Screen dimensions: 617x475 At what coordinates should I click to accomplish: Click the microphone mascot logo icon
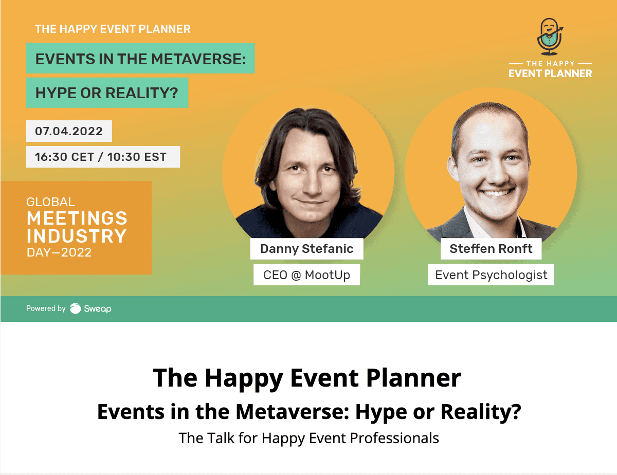(x=550, y=37)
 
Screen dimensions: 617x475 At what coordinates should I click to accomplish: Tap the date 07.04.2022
(x=69, y=131)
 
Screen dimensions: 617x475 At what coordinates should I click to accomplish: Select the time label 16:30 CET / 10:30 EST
(x=103, y=157)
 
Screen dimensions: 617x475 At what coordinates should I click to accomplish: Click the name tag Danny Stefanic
(x=306, y=249)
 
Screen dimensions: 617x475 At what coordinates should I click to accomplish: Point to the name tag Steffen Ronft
(x=491, y=249)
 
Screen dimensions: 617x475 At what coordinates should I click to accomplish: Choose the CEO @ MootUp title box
(x=306, y=275)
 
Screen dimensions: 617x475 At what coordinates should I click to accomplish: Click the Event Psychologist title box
(x=491, y=275)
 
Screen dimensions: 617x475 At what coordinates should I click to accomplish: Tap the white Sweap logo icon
(x=76, y=308)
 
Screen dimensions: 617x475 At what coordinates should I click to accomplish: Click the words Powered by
(x=46, y=308)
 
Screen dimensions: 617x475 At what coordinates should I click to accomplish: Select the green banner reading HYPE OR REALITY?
(x=107, y=93)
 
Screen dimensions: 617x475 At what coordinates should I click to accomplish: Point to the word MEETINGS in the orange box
(x=77, y=218)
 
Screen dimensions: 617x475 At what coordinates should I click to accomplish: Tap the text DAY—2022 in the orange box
(x=59, y=252)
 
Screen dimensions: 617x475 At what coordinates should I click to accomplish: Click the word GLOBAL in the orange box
(x=50, y=202)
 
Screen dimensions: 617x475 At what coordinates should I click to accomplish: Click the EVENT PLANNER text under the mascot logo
(x=550, y=74)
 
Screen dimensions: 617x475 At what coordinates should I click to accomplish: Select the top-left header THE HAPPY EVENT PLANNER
(x=113, y=29)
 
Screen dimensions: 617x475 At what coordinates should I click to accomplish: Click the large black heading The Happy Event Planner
(x=307, y=378)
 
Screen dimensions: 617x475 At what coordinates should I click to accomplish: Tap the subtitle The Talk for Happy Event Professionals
(x=308, y=438)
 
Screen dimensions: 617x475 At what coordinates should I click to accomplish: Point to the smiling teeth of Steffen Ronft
(x=496, y=193)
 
